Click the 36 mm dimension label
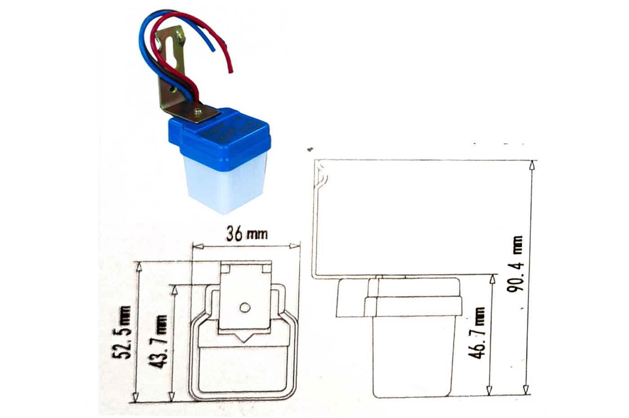(x=247, y=234)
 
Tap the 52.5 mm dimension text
(x=122, y=332)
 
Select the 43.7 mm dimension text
(x=158, y=341)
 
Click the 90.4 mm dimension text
(x=515, y=264)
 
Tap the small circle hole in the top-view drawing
(x=245, y=308)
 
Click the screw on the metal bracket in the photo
(x=198, y=112)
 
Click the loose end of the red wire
(x=231, y=72)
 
